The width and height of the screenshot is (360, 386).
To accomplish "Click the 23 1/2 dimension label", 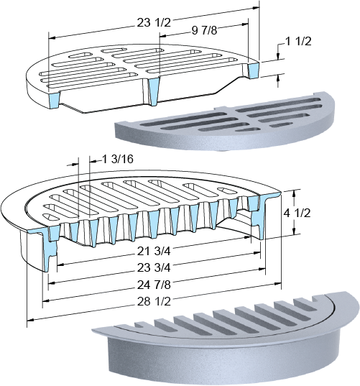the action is (154, 23).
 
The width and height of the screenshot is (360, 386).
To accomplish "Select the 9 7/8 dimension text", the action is (204, 30).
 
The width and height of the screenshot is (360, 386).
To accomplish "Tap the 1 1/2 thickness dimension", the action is (298, 41).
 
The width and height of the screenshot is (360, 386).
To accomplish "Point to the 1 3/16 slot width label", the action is (118, 159).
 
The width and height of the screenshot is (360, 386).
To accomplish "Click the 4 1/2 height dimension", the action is (297, 213).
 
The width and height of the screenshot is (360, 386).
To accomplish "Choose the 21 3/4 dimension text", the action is (154, 252).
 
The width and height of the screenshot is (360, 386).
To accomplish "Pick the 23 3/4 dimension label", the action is (154, 267).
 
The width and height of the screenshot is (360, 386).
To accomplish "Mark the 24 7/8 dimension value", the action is (154, 285).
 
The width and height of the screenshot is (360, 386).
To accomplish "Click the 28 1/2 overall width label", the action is (154, 302).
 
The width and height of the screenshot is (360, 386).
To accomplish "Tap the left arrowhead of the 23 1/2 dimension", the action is (52, 38).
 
